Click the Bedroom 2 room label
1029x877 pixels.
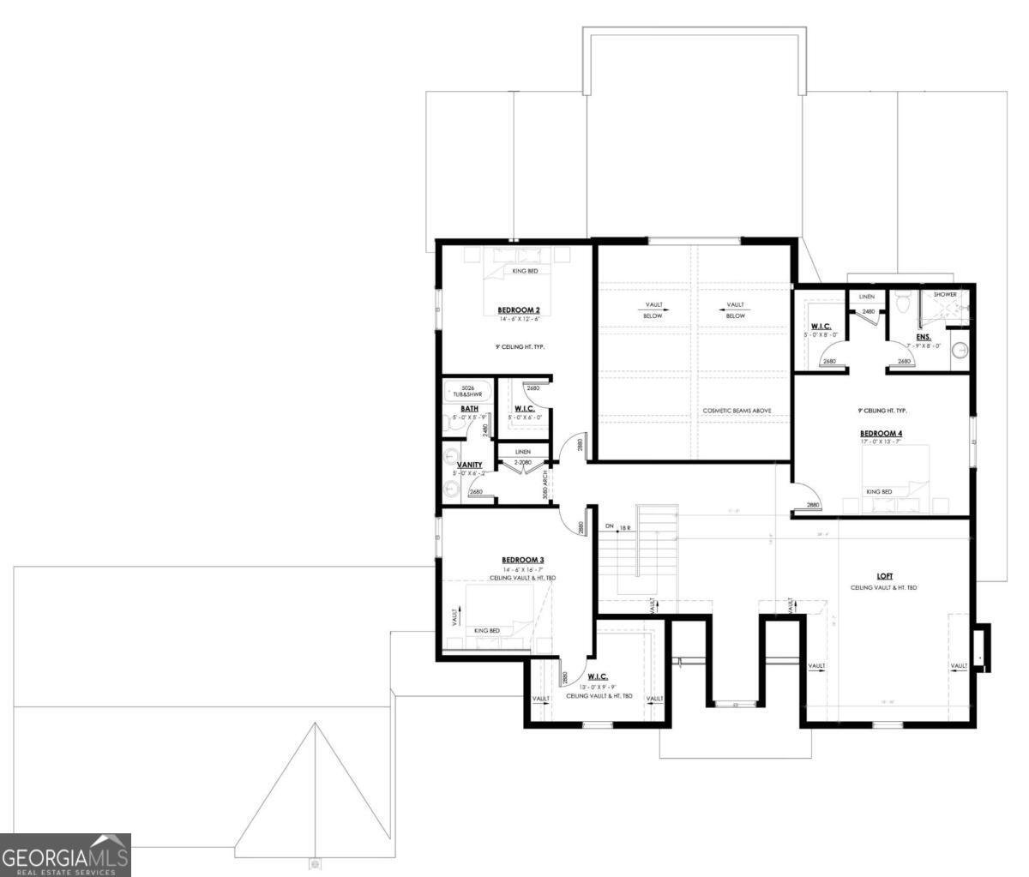(518, 309)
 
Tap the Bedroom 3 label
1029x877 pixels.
(523, 560)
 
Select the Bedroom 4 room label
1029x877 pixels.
(882, 434)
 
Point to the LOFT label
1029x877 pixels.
(885, 577)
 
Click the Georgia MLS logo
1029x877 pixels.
(65, 855)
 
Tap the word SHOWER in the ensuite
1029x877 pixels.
(944, 295)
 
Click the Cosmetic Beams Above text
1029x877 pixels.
(737, 411)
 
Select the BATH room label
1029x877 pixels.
(469, 409)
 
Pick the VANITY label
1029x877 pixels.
(468, 466)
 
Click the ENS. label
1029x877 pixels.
(923, 338)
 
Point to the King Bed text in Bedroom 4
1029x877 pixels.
(879, 492)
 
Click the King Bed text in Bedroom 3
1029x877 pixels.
(487, 631)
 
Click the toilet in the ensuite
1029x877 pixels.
(901, 303)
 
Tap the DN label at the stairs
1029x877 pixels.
(609, 526)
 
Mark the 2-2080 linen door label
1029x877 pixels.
(523, 462)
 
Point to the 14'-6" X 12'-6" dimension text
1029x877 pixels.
(518, 319)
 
